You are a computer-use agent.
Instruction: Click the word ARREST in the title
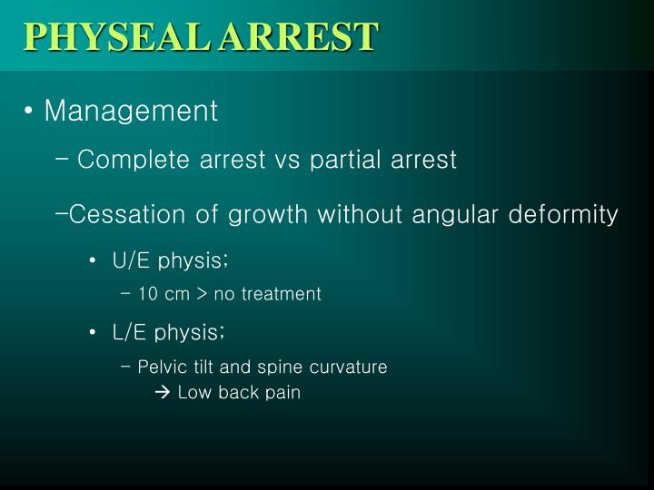[x=299, y=36]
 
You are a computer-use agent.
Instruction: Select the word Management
[x=131, y=112]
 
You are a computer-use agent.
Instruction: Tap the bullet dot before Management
[x=28, y=111]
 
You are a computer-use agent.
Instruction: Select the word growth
[x=268, y=215]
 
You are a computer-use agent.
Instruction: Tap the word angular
[x=455, y=215]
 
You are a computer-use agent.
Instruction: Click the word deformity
[x=563, y=215]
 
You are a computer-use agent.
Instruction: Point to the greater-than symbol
[x=202, y=294]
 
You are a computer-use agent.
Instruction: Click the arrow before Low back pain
[x=163, y=392]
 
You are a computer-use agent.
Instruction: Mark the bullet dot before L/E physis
[x=93, y=332]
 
